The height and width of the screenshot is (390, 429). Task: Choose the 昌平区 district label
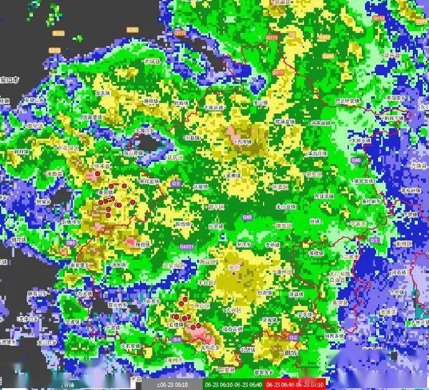(216, 207)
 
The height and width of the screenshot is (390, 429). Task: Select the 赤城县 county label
(152, 63)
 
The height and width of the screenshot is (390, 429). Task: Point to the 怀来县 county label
(101, 167)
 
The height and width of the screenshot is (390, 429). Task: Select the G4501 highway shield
(187, 247)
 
